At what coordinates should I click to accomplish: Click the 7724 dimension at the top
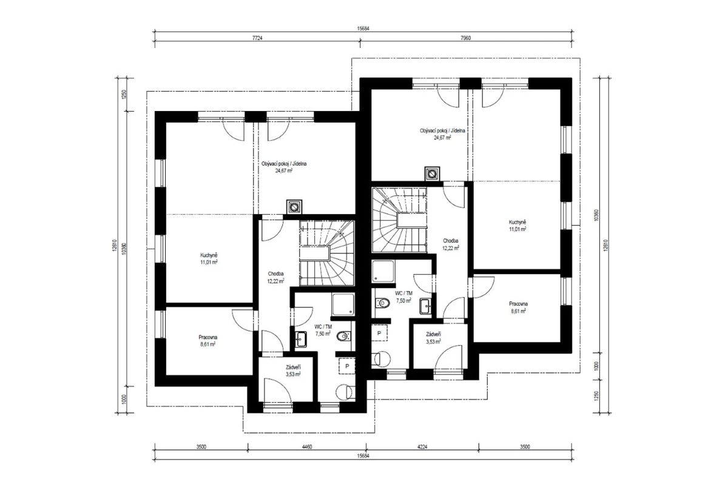(257, 38)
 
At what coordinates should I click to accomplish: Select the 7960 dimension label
(465, 38)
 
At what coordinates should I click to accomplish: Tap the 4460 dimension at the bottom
(307, 447)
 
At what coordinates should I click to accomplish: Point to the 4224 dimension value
(422, 447)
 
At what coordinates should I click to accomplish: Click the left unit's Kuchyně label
(209, 255)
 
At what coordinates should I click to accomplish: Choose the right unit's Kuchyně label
(517, 222)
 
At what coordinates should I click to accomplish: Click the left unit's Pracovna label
(208, 337)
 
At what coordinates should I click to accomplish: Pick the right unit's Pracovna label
(518, 304)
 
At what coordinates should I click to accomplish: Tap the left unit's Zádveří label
(293, 367)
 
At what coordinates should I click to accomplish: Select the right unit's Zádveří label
(434, 334)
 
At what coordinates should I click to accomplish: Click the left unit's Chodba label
(275, 273)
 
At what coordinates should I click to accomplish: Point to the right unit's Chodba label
(450, 241)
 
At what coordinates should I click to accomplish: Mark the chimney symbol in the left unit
(294, 207)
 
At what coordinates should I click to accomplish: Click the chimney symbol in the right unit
(432, 174)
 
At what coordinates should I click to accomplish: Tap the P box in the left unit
(347, 366)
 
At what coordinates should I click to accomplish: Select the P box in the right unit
(379, 333)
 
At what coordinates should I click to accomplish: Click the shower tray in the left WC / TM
(343, 304)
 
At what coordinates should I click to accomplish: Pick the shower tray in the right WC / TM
(383, 271)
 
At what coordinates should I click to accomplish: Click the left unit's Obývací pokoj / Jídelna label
(284, 164)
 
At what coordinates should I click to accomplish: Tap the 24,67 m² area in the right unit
(442, 138)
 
